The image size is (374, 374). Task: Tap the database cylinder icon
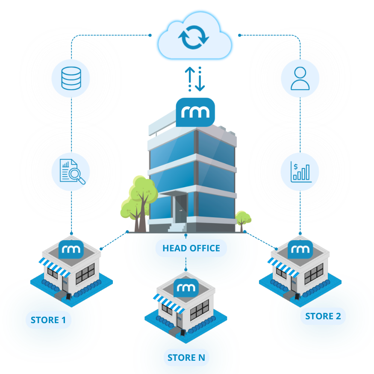tap(71, 78)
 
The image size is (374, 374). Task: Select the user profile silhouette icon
tap(300, 78)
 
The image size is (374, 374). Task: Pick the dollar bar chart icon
tap(301, 172)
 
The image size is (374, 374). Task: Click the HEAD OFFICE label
tap(191, 248)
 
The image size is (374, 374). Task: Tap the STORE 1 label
tap(48, 320)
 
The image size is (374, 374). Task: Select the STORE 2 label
tap(323, 316)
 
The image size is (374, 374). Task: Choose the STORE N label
tap(186, 358)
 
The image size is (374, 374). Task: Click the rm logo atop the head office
tap(195, 112)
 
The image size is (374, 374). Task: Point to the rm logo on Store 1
tap(71, 249)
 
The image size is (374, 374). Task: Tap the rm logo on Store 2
tap(300, 249)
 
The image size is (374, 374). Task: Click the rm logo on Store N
tap(186, 288)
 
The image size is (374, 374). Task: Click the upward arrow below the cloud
tap(190, 79)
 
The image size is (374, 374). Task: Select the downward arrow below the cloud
tap(200, 79)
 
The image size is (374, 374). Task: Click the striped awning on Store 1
tap(55, 268)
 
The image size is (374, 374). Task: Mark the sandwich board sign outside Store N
tap(183, 333)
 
